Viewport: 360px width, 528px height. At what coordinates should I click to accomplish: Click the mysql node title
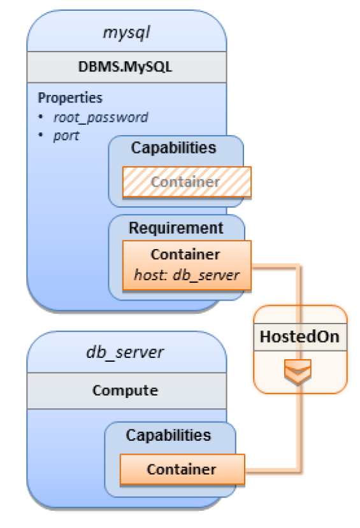(x=126, y=33)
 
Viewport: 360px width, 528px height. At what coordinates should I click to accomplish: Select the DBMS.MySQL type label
(x=126, y=67)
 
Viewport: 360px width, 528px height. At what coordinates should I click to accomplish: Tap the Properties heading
(x=70, y=97)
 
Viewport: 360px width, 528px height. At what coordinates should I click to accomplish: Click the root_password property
(x=101, y=118)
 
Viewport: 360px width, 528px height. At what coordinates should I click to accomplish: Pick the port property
(x=66, y=136)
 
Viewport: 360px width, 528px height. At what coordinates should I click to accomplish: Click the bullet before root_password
(x=41, y=117)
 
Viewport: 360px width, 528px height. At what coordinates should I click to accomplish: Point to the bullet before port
(x=41, y=135)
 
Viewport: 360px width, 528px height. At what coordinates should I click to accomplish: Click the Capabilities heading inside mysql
(x=173, y=148)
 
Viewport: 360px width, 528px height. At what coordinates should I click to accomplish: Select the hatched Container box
(x=187, y=182)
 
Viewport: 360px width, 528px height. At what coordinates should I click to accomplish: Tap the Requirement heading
(x=176, y=228)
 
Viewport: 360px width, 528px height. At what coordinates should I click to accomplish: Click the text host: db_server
(x=187, y=275)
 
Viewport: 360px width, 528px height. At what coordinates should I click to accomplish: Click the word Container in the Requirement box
(x=185, y=255)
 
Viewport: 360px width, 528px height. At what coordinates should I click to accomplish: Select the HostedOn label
(x=299, y=337)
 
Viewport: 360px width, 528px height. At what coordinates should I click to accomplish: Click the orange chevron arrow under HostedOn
(x=298, y=371)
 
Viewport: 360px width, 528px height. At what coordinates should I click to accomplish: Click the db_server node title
(x=125, y=352)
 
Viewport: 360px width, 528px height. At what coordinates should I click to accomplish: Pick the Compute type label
(x=125, y=390)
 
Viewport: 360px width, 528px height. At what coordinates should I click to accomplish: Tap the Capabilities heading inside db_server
(x=168, y=435)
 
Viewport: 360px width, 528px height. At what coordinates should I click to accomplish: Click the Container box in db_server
(x=182, y=469)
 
